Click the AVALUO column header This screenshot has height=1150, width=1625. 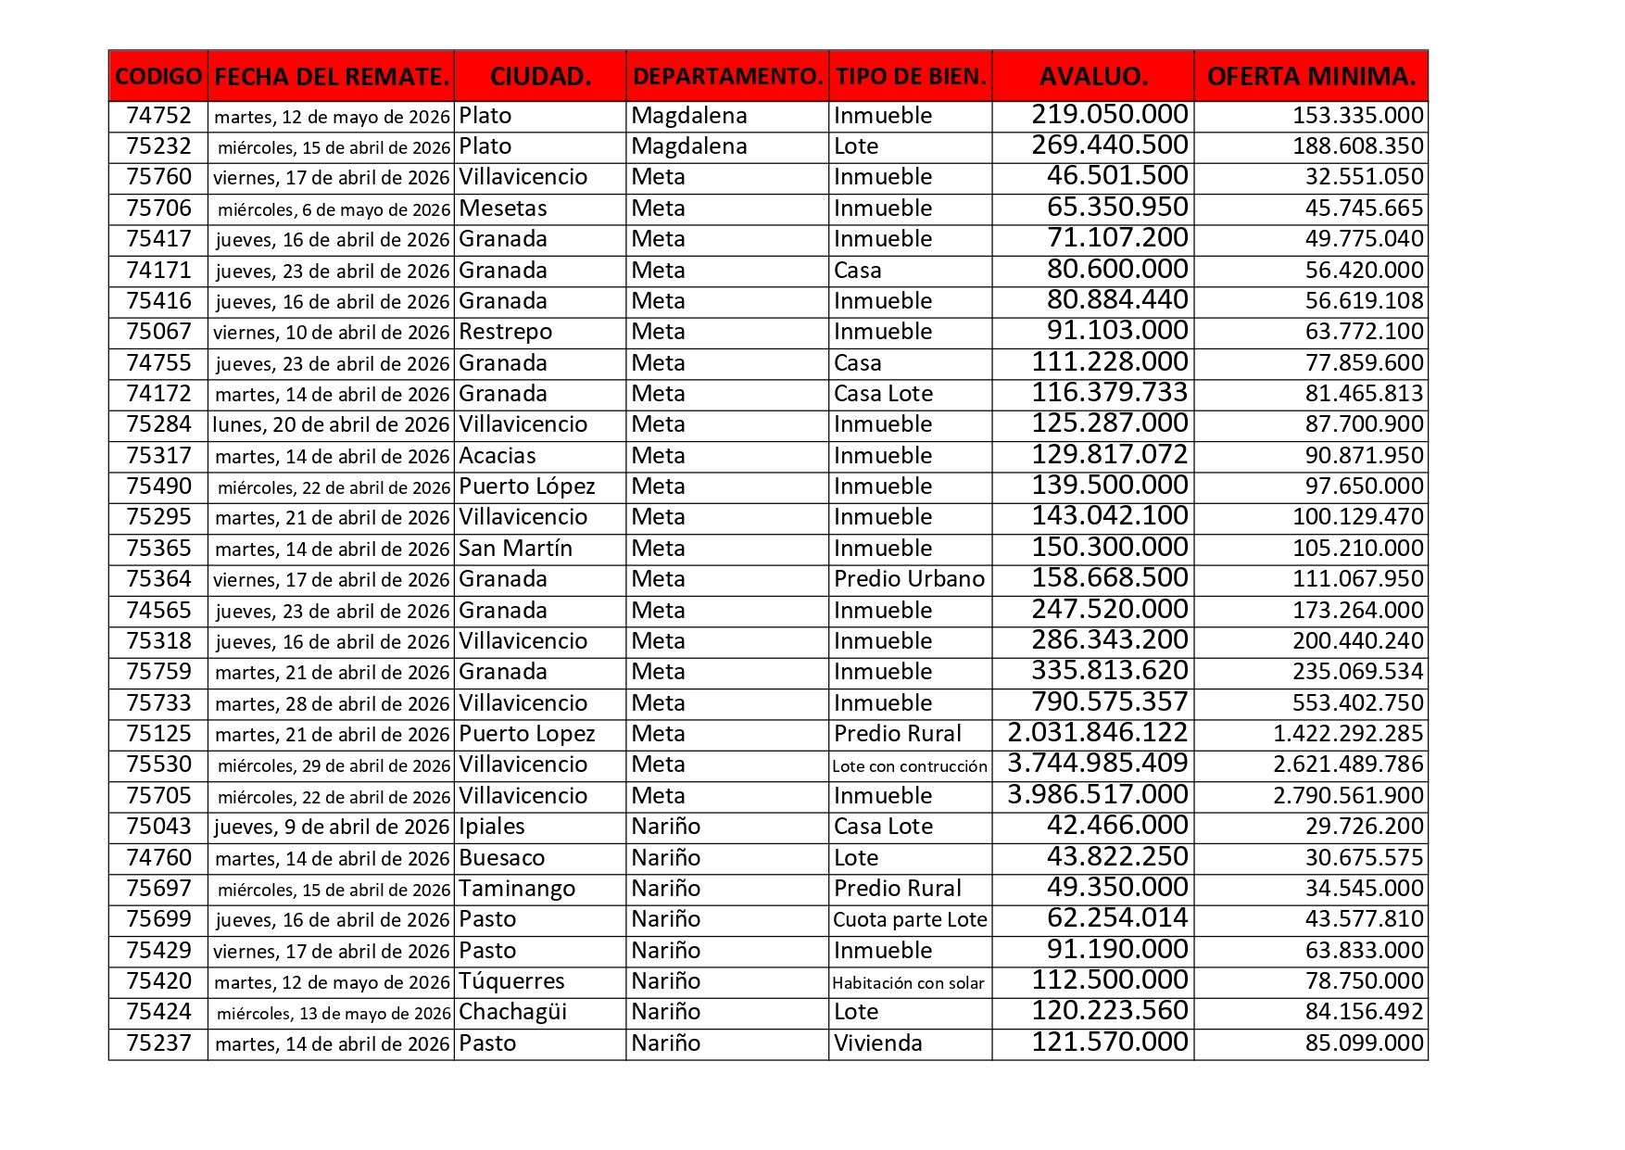(1093, 76)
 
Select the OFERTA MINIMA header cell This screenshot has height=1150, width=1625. (1311, 76)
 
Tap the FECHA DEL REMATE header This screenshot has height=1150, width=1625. (332, 76)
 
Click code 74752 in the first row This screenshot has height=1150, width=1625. (158, 116)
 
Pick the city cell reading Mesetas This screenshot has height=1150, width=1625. (503, 209)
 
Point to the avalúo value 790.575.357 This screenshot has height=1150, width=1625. (1110, 702)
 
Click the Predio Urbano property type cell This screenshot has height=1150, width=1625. (909, 579)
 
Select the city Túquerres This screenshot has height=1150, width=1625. (511, 981)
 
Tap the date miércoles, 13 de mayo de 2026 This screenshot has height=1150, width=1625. (334, 1013)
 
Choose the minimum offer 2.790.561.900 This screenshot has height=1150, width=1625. (1348, 796)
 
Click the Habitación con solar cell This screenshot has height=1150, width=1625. (908, 982)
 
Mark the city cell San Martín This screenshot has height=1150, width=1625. (515, 549)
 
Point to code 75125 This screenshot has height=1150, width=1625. (158, 734)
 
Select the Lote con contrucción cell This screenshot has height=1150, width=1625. (910, 765)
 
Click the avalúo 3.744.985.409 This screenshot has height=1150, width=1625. (1097, 765)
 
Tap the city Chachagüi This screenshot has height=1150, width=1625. (512, 1012)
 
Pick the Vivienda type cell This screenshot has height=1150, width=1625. (877, 1043)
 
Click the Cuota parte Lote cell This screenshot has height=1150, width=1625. (910, 920)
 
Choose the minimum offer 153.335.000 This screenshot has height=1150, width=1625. (1357, 116)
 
